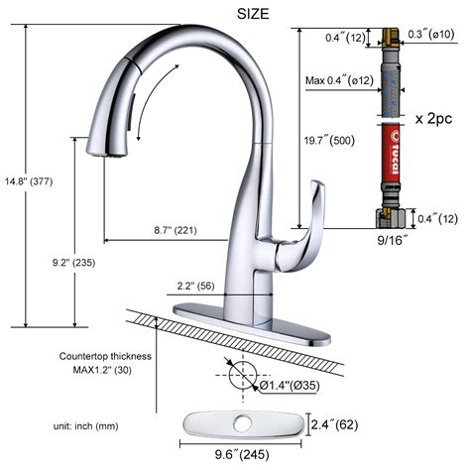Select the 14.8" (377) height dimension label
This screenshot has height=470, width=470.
(28, 181)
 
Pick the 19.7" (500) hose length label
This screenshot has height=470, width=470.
(331, 141)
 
